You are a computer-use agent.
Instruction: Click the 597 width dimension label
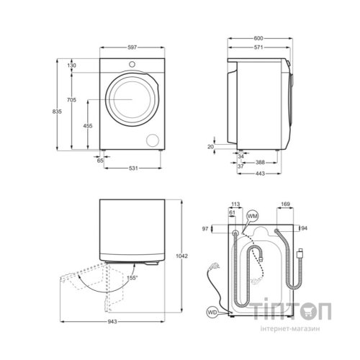click(x=132, y=48)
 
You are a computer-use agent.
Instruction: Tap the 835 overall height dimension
click(x=57, y=112)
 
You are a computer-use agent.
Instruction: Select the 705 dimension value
click(x=71, y=99)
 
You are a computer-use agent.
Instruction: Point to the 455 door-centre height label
click(x=88, y=126)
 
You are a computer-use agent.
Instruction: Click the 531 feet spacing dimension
click(x=133, y=168)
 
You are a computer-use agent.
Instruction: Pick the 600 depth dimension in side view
click(x=258, y=38)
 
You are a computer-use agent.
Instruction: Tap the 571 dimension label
click(x=258, y=48)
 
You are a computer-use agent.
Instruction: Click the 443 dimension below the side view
click(x=260, y=174)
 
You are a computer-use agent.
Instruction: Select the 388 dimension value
click(x=260, y=163)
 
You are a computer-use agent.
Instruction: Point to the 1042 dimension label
click(x=181, y=256)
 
